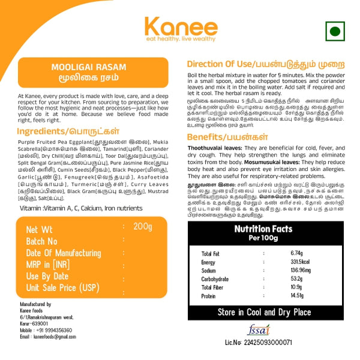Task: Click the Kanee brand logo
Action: click(x=180, y=29)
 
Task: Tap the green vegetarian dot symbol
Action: click(x=335, y=31)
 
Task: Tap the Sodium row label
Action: click(x=210, y=271)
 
